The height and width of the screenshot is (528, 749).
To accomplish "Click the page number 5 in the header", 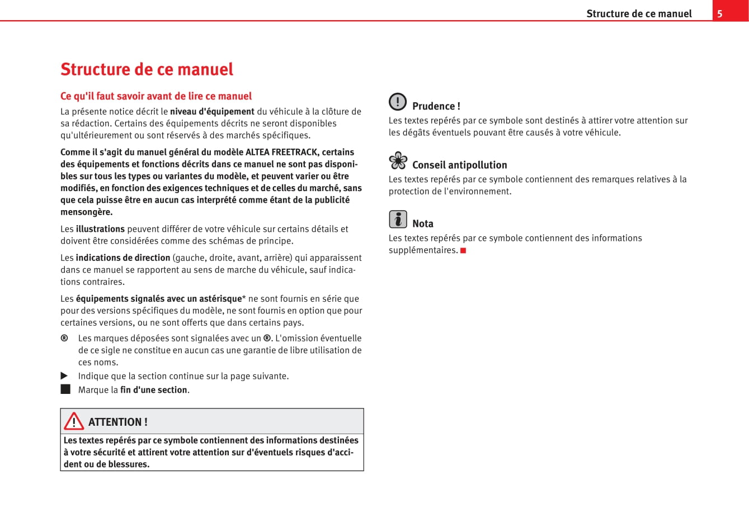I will (x=720, y=13).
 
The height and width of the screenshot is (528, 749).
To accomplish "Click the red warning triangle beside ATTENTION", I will (x=73, y=421).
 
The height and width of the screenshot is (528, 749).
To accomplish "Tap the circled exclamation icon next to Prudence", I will (x=398, y=102).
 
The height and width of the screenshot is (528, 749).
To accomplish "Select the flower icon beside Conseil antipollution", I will (x=398, y=161).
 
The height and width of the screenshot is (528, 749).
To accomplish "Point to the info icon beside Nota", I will (x=398, y=219).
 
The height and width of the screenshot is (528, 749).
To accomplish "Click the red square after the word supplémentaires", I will (x=463, y=250).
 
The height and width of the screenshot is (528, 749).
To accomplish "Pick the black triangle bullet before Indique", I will (x=64, y=376).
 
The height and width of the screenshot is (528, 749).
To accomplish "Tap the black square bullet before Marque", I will (x=65, y=389).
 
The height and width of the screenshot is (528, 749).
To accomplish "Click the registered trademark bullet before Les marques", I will (x=64, y=338).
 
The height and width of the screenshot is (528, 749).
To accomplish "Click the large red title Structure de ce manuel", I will (x=147, y=69).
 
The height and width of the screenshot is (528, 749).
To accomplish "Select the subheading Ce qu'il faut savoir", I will (x=156, y=96).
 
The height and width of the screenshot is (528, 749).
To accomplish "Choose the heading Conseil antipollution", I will (x=459, y=165).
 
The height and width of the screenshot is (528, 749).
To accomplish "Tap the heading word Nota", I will (x=423, y=223).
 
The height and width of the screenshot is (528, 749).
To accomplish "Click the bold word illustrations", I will (x=100, y=229).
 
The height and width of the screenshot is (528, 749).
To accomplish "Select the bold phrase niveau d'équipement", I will (x=212, y=111).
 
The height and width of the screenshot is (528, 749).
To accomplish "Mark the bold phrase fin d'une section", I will (x=153, y=390).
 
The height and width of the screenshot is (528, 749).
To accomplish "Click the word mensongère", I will (x=87, y=212).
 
